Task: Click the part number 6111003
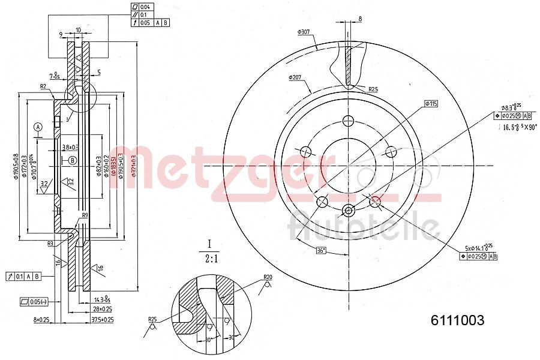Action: coord(457,320)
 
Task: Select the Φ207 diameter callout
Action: coord(295,77)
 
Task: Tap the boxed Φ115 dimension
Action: coord(431,104)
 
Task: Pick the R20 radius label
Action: coord(267,277)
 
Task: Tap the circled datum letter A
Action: coord(38,127)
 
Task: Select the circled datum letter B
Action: coord(73,160)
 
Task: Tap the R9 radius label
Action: coord(85,215)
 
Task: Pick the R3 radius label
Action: coord(52,244)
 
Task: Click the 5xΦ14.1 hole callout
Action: coord(478,248)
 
